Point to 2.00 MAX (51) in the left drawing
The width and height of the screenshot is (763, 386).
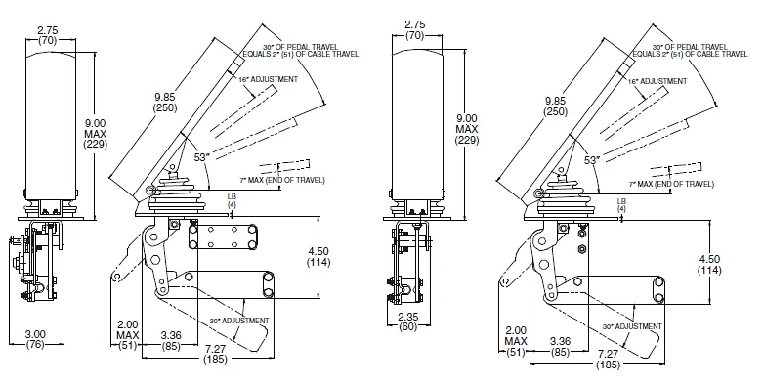(127, 334)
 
